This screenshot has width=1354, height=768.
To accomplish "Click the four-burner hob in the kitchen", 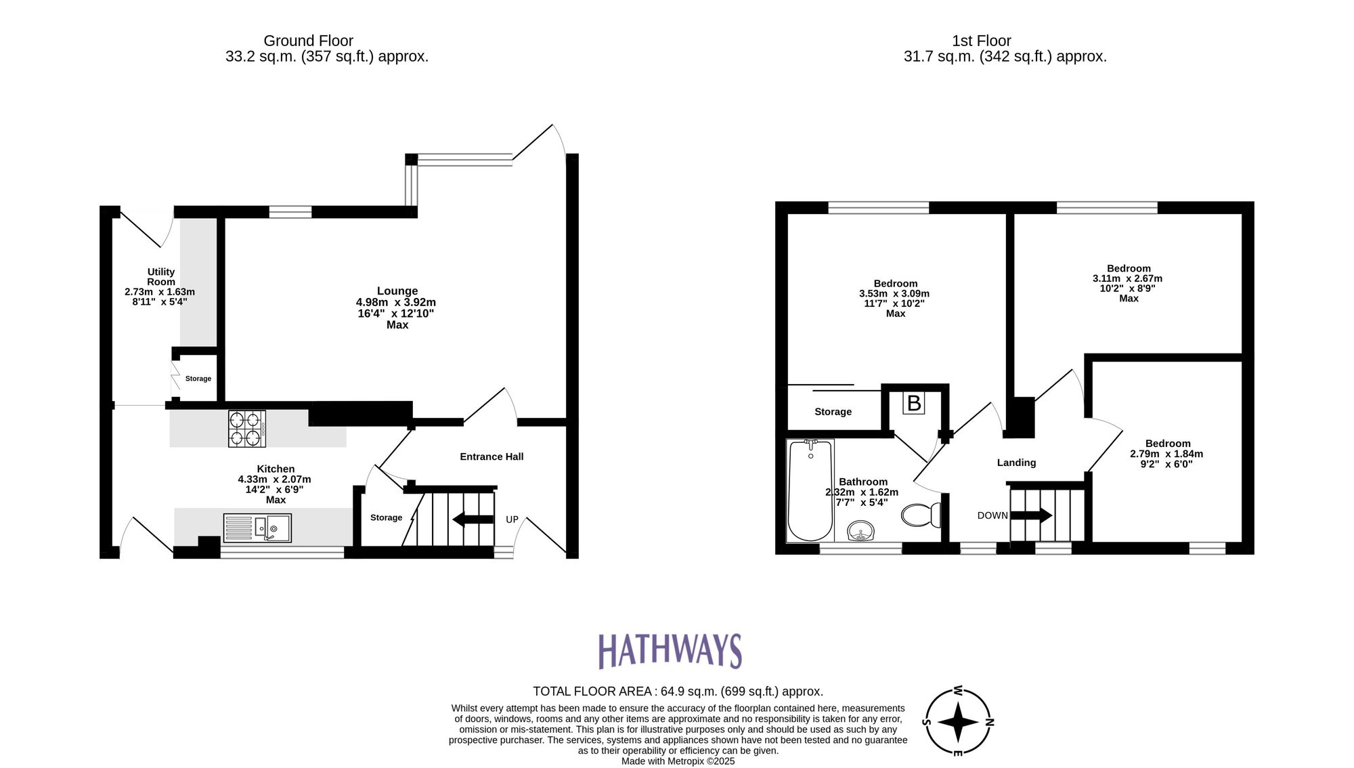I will click(246, 429).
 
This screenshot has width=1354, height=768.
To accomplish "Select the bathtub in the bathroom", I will click(810, 490).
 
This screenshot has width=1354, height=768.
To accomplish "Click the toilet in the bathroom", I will click(921, 515).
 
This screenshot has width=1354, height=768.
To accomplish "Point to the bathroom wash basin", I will click(860, 531).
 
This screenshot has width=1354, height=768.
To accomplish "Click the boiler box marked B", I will click(913, 404).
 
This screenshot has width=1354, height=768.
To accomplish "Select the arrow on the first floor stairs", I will click(1031, 515).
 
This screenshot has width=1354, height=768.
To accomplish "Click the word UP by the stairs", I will click(512, 519).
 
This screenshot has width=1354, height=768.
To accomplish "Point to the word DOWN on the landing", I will click(992, 515).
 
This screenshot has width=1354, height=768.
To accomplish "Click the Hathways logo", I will click(670, 651).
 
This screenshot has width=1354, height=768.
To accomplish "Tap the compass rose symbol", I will click(958, 722).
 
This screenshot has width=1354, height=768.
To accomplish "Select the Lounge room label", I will click(397, 291).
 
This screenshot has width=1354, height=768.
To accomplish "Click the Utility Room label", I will click(161, 276).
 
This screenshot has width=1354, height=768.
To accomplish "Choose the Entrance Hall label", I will click(492, 456).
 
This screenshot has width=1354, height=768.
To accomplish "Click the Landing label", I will click(1016, 463).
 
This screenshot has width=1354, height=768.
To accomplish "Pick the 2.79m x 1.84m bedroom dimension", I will click(1166, 454).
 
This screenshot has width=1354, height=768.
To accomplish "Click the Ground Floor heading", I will click(308, 41).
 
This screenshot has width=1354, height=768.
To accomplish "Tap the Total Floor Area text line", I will click(678, 691).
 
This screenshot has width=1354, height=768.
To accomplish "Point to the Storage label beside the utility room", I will click(198, 379).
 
